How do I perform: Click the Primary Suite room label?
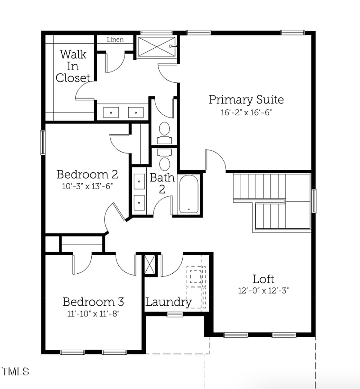pos(246,99)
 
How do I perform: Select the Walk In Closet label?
pos(73,66)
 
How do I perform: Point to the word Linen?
pos(115,40)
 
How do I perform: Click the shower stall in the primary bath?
pos(156,47)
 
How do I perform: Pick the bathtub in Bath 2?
pos(188,194)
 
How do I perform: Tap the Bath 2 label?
pos(162,183)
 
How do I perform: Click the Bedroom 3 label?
pos(93,301)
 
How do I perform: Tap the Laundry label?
pos(168,302)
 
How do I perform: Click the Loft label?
pos(263,279)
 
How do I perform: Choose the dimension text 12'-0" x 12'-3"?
pos(263,291)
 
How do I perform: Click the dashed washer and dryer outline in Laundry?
pos(196,287)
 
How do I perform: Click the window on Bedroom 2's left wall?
pos(43,142)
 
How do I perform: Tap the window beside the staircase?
pos(314,200)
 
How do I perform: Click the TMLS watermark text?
pos(15,372)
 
